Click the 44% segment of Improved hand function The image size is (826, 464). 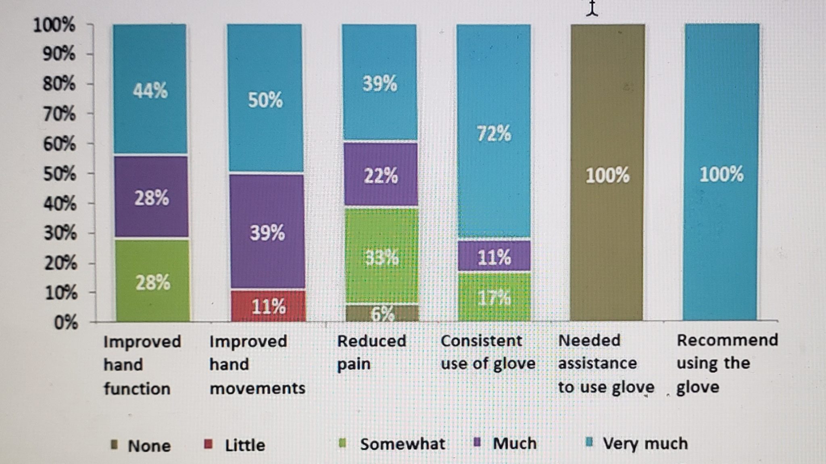pos(150,89)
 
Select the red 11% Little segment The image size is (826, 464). pos(268,306)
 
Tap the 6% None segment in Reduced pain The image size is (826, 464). pos(382,313)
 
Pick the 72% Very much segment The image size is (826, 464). pos(494,133)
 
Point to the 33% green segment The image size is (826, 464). pos(382,257)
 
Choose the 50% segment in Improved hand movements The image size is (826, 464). pos(265,99)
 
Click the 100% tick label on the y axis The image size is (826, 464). pos(54,25)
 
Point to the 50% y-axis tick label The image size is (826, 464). pos(60,174)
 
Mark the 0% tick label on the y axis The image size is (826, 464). pos(66,323)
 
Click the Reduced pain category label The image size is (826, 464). pos(371,352)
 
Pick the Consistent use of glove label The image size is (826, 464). pos(488,352)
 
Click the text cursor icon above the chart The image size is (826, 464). pos(592,9)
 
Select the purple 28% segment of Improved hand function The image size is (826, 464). pos(151,198)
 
